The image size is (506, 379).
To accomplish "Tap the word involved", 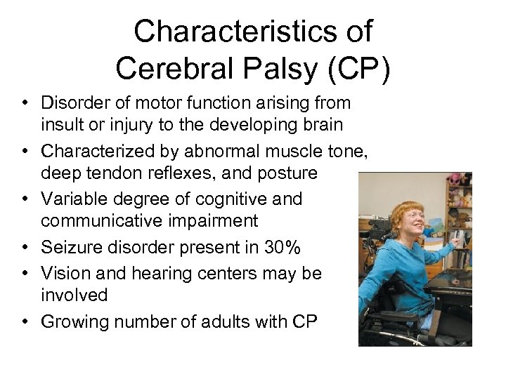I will pos(74,295).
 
